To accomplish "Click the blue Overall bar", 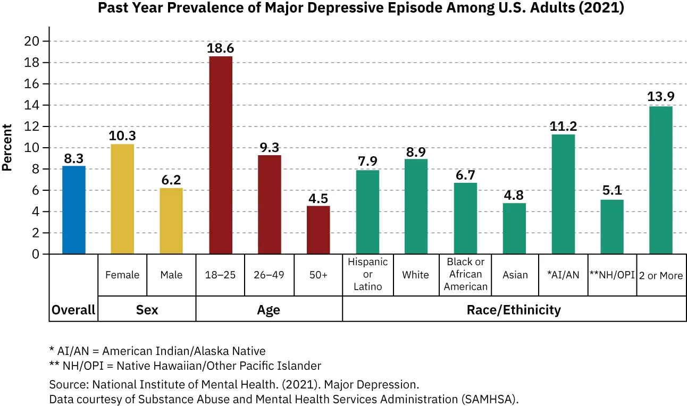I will click(x=74, y=210).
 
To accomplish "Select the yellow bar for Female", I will click(x=122, y=199).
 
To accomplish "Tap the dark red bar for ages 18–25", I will click(x=221, y=155).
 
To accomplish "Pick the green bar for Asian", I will click(x=515, y=229).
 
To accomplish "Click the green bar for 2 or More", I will click(x=661, y=180).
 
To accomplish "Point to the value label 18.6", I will click(x=221, y=48).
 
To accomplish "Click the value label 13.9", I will click(x=661, y=97).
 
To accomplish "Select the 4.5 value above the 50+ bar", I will click(x=319, y=198).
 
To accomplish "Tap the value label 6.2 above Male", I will click(x=171, y=180).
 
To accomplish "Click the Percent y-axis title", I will click(x=7, y=147).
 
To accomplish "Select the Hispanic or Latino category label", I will click(x=367, y=275).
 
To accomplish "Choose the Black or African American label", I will click(x=466, y=275).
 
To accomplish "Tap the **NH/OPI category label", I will click(x=613, y=275).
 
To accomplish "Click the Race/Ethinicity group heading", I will click(x=514, y=310).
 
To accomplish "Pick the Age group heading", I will click(x=269, y=310).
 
